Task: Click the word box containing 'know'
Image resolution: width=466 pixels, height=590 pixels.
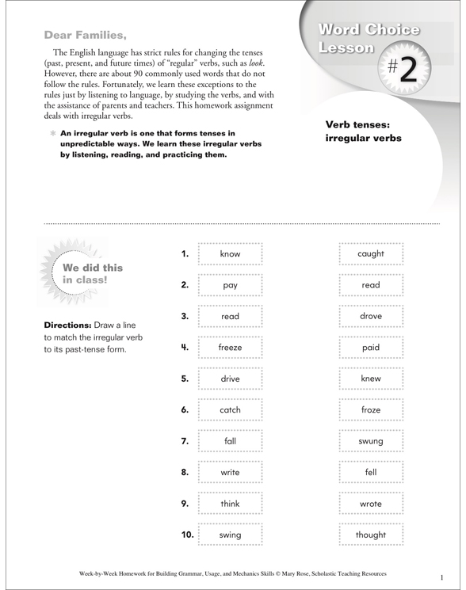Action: tap(230, 254)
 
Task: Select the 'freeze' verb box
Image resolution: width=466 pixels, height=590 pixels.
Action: tap(230, 348)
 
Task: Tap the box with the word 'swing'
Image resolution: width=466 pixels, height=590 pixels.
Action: tap(230, 535)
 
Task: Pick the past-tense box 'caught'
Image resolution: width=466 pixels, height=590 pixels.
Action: tap(370, 254)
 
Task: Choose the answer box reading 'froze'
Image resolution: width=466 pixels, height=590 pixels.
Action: tap(370, 410)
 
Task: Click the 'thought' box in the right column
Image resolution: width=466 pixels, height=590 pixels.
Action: tap(370, 535)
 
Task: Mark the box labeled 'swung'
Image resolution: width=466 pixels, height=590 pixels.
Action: tap(370, 441)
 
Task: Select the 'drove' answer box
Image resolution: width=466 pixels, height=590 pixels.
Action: tap(370, 316)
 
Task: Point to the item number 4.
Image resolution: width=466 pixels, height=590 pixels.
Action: tap(185, 348)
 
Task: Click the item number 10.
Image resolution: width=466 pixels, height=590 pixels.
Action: tap(187, 535)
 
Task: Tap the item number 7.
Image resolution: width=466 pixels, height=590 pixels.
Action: tap(185, 441)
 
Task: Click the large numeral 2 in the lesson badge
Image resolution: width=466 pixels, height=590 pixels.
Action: tap(407, 70)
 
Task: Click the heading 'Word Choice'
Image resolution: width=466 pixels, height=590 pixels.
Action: tap(369, 30)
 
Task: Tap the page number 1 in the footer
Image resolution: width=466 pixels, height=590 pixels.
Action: tap(441, 577)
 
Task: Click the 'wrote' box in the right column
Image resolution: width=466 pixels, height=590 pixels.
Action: tap(370, 504)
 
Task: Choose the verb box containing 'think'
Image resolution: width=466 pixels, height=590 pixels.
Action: tap(230, 504)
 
